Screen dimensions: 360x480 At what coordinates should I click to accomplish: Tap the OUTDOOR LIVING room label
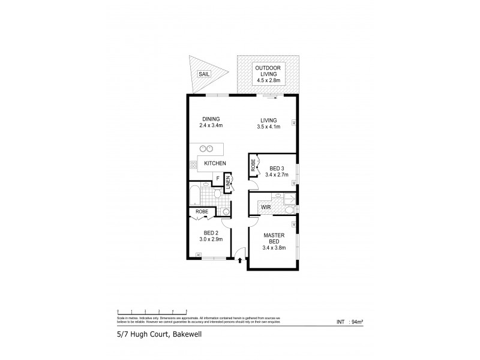click(268, 73)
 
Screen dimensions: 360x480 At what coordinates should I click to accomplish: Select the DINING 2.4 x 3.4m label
click(211, 122)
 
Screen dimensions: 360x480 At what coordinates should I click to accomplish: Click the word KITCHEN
click(215, 163)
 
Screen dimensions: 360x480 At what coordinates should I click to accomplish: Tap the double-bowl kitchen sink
click(207, 148)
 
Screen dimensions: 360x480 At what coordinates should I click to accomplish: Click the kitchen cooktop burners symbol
click(194, 164)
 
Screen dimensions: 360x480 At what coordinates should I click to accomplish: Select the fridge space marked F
click(217, 178)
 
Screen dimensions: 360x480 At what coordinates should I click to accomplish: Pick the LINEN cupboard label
click(228, 182)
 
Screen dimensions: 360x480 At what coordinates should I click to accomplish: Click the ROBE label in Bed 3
click(253, 166)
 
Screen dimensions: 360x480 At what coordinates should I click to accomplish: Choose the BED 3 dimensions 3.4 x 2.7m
click(277, 175)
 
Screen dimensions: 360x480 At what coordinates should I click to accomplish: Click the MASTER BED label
click(273, 241)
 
